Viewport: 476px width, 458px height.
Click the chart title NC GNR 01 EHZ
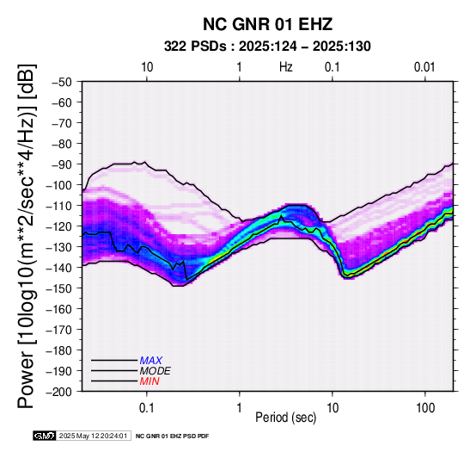267,24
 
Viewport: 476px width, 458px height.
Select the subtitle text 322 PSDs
195,46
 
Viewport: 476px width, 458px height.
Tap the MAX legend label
151,361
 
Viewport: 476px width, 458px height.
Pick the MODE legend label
156,371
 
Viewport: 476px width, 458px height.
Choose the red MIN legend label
150,381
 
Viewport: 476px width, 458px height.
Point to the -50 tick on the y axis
62,82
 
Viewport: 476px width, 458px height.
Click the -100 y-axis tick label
59,185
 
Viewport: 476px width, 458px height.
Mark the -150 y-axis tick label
59,288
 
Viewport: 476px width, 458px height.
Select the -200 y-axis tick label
59,392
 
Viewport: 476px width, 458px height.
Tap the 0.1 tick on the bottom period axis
147,408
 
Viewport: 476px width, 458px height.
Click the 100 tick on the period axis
425,408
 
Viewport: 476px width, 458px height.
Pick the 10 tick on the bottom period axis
333,408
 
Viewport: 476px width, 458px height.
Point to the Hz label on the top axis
286,67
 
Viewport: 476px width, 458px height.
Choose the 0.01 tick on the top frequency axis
424,67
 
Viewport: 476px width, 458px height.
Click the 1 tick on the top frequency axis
240,67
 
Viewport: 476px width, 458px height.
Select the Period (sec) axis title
285,418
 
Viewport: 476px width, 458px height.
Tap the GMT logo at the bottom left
45,436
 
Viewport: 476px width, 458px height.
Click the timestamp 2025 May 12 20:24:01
93,436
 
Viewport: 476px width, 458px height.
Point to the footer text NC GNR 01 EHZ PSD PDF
172,436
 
